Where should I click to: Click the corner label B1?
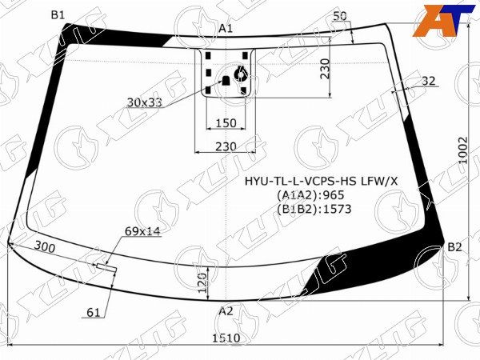point(58,14)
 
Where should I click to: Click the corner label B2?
point(454,246)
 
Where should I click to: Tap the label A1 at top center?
point(226,29)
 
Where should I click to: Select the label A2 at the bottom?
point(226,311)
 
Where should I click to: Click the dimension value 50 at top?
point(339,15)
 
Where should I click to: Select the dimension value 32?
point(429,80)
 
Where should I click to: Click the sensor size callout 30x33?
point(144,102)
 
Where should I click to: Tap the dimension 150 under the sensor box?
point(226,122)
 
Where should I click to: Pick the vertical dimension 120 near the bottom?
point(203,280)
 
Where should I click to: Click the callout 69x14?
point(142,231)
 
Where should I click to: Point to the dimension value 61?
point(94,312)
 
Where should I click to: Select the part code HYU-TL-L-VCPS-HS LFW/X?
point(320,182)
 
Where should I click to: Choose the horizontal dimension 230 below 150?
point(226,146)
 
